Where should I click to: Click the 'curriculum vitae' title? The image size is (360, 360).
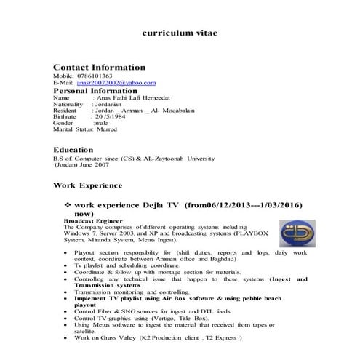click(x=179, y=33)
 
